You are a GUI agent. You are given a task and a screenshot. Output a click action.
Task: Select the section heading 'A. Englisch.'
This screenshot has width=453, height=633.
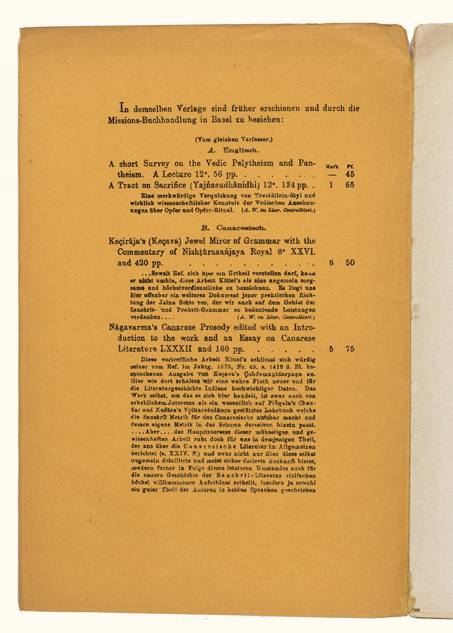234,150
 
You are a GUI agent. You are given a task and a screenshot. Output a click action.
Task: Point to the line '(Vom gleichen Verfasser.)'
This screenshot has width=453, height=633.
234,140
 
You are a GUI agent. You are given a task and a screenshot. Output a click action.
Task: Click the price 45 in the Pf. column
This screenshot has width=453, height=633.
350,175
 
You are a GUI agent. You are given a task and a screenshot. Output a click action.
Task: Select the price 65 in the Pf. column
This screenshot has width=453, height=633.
350,185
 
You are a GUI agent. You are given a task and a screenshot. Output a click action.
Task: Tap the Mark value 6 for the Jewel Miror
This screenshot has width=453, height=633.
331,263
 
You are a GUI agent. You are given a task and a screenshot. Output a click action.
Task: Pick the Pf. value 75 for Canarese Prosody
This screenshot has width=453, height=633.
350,349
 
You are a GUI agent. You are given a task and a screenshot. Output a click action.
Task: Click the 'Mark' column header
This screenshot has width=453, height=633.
332,166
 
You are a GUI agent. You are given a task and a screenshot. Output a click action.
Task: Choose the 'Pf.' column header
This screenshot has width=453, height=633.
350,166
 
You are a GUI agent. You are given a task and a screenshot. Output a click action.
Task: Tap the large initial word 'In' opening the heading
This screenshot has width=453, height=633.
123,108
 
